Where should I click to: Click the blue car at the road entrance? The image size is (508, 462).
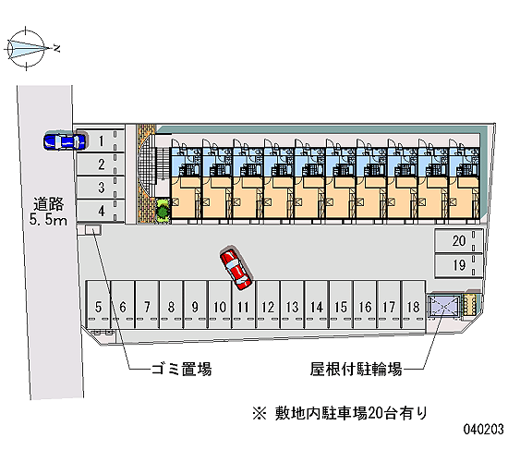tap(65, 140)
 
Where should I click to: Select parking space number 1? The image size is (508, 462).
tap(100, 140)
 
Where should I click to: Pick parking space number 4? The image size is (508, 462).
tap(100, 211)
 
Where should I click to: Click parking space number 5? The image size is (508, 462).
tap(99, 305)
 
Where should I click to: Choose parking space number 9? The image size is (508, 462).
tap(195, 305)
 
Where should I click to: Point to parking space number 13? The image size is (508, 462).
tap(292, 305)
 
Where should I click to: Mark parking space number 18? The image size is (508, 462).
tap(413, 305)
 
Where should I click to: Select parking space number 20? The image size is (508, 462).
tap(459, 240)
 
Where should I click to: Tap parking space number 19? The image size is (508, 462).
tap(459, 265)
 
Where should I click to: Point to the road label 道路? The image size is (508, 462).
tap(49, 204)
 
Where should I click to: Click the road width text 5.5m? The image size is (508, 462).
tap(48, 220)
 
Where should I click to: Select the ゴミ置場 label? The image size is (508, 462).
tap(182, 369)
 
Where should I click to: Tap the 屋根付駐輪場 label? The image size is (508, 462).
tap(356, 369)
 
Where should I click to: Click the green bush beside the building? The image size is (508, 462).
tap(163, 211)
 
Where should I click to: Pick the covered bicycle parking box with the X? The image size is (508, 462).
tap(444, 306)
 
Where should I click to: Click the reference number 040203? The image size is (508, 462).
tap(484, 429)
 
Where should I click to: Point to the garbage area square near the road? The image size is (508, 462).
tap(93, 230)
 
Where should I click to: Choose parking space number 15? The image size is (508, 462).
tap(341, 305)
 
